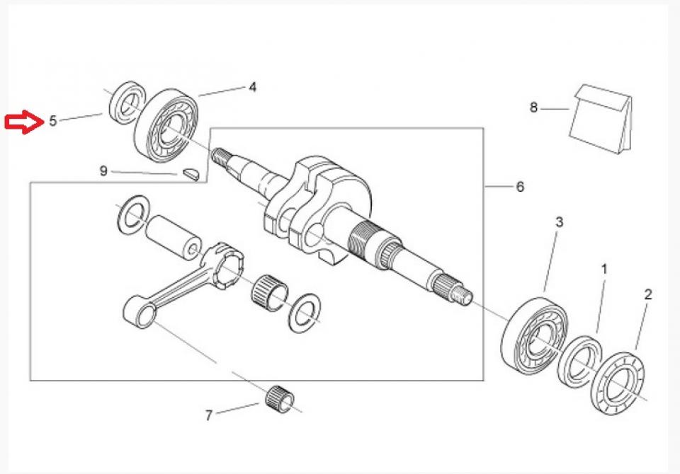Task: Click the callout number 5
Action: click(x=53, y=121)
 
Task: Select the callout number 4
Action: click(x=251, y=87)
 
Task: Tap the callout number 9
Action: click(x=103, y=170)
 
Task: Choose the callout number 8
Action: click(x=534, y=108)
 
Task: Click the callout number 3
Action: click(x=559, y=222)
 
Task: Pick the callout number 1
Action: click(x=604, y=270)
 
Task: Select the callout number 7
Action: click(x=208, y=415)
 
